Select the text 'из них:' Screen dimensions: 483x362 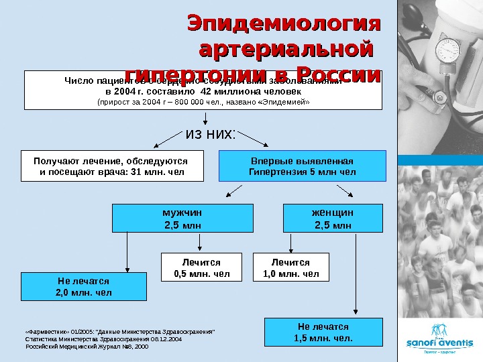click(210, 134)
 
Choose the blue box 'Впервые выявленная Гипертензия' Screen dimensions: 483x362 click(303, 166)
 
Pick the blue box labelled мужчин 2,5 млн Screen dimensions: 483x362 click(182, 219)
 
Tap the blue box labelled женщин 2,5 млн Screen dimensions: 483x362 click(333, 219)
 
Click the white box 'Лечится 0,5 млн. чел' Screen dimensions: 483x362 click(201, 267)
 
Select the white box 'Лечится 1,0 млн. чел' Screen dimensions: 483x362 click(290, 267)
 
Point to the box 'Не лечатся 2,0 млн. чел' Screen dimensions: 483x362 click(83, 287)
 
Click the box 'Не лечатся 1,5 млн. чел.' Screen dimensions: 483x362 click(323, 332)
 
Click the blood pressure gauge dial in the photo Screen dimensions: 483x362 click(445, 50)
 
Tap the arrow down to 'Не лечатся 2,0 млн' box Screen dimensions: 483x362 click(127, 251)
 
